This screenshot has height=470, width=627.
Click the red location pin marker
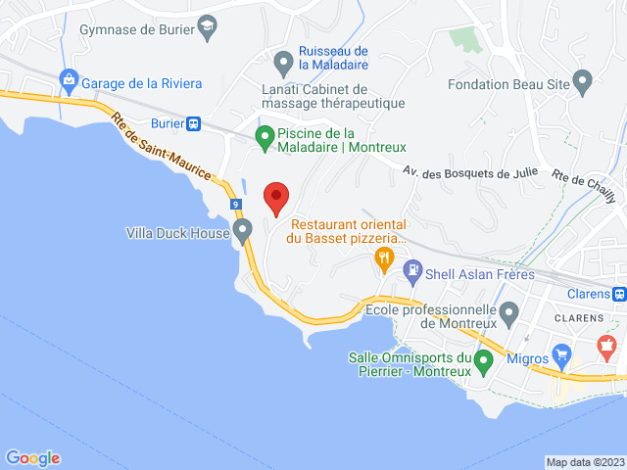[x=275, y=198]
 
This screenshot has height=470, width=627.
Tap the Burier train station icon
[x=194, y=124]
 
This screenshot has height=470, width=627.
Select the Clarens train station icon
[x=619, y=293]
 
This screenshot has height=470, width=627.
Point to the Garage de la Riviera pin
[x=69, y=78]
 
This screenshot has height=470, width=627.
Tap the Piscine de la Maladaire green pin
[x=265, y=137]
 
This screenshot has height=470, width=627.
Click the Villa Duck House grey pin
[x=243, y=231]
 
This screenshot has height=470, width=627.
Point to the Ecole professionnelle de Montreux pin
[x=508, y=313]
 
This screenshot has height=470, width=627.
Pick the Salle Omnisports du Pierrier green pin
[x=483, y=362]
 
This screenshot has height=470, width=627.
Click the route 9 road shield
[x=237, y=205]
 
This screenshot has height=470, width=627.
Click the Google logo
[x=32, y=457]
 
